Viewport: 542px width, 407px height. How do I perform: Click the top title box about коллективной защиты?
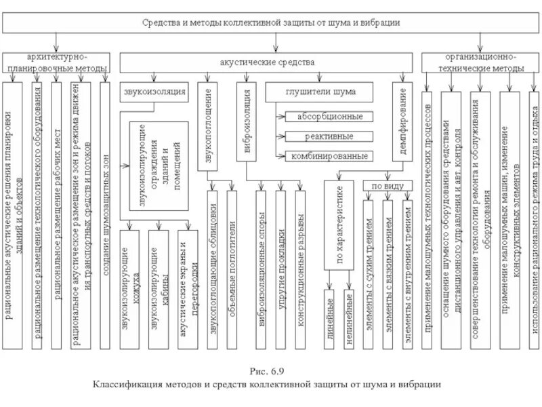coord(271,22)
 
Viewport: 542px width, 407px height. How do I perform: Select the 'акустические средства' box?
coord(268,62)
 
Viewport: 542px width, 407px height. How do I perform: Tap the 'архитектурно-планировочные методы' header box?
coord(57,63)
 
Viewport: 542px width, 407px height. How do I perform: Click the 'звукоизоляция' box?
coord(155,91)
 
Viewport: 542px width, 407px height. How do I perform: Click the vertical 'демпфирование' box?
coord(402,122)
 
